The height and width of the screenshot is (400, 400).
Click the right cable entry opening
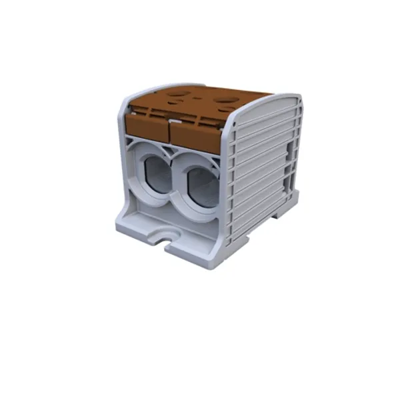point(200,183)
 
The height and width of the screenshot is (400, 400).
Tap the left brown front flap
point(147,126)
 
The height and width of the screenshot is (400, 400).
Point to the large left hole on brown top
point(175,95)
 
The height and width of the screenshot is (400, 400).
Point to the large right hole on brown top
point(223,100)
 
